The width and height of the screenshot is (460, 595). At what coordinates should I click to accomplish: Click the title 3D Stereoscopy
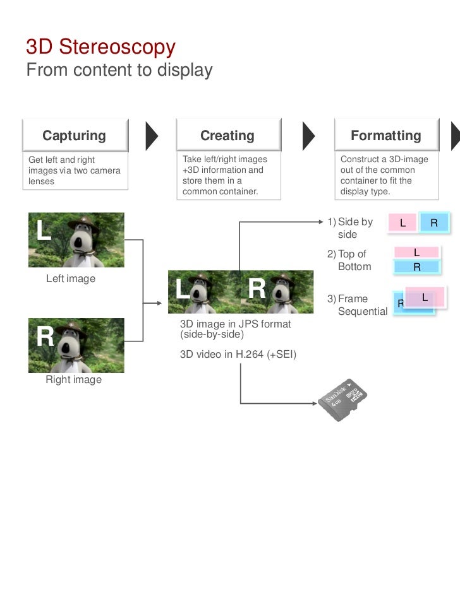100,47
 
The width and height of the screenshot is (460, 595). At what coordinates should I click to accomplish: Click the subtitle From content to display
119,70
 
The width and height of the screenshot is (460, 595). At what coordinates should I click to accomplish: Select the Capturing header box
75,136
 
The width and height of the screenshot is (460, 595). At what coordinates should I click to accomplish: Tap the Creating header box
227,136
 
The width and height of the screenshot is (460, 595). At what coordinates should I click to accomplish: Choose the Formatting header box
385,136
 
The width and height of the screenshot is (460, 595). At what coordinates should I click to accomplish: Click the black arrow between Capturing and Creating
152,135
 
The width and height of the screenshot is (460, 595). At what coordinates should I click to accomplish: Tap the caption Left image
71,278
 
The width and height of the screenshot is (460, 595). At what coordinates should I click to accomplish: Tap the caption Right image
73,380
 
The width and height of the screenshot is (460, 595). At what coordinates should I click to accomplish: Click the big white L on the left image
43,231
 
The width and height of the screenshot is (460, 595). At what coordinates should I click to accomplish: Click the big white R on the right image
45,337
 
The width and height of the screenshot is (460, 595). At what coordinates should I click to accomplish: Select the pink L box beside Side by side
402,223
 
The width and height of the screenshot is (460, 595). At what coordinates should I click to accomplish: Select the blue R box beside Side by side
434,222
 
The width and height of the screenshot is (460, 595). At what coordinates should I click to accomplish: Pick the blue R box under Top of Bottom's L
416,267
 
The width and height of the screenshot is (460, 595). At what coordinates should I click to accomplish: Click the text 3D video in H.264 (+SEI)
238,354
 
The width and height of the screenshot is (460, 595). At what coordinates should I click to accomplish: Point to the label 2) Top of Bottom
351,260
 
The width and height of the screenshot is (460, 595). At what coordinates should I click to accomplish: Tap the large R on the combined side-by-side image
257,289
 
